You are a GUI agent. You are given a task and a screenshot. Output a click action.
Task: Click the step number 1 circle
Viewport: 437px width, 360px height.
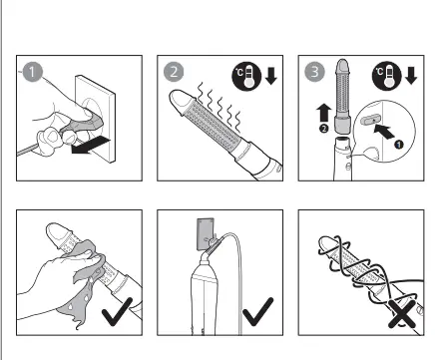click(33, 72)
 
